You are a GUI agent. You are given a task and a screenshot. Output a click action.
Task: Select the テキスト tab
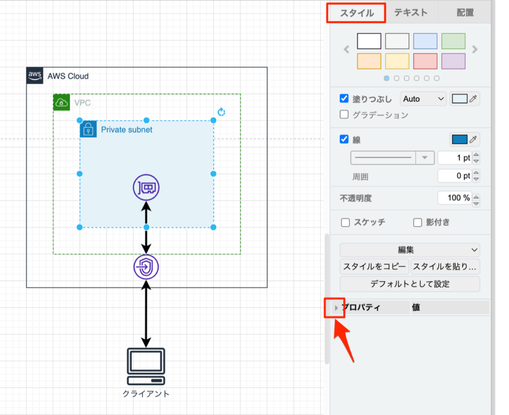click(410, 13)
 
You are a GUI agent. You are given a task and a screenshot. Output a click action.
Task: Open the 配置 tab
click(465, 13)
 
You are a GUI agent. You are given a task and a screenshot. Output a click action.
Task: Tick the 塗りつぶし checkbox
click(344, 99)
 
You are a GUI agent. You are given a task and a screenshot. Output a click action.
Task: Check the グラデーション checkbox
click(344, 114)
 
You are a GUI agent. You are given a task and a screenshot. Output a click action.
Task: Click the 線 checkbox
click(344, 139)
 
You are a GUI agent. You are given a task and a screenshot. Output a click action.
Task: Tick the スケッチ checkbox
click(345, 222)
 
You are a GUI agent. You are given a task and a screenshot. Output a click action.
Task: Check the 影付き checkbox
click(417, 222)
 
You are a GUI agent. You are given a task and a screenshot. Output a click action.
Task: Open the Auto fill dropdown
click(424, 99)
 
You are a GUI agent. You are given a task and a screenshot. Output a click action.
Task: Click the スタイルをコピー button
click(374, 267)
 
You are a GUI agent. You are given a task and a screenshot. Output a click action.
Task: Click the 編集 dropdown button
click(409, 250)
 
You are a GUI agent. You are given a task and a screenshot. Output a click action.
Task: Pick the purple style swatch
click(453, 61)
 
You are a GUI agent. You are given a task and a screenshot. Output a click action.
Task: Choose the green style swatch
click(453, 41)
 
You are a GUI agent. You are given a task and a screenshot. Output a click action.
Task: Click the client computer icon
click(146, 366)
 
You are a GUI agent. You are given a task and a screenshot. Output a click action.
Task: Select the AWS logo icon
click(35, 76)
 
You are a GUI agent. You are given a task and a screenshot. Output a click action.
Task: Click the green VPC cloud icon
click(62, 102)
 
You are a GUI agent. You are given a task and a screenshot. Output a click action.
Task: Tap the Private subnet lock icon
click(88, 129)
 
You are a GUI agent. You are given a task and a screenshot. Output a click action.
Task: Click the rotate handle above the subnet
click(222, 112)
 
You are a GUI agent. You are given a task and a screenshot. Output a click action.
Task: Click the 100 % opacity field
click(454, 198)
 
